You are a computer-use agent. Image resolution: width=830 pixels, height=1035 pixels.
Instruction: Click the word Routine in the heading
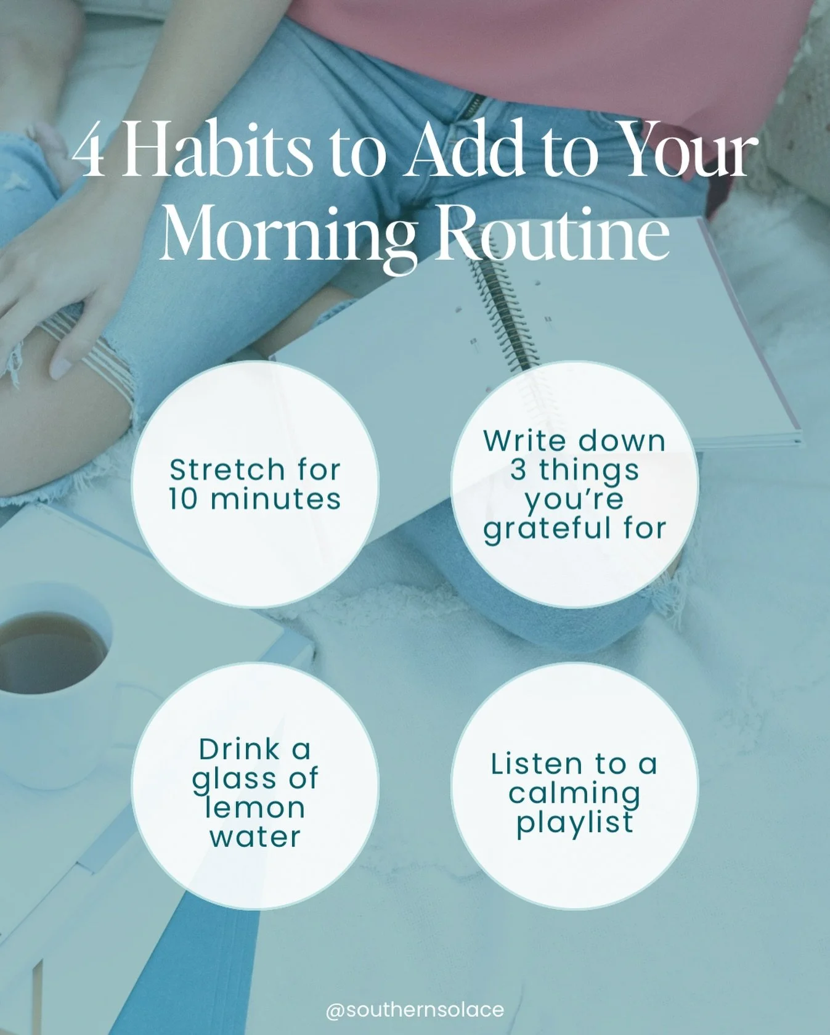(553, 235)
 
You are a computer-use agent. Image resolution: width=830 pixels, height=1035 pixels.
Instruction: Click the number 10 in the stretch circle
(183, 499)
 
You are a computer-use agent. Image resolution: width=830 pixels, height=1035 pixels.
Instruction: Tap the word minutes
(275, 499)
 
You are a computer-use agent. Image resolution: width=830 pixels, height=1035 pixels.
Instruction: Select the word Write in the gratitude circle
(524, 441)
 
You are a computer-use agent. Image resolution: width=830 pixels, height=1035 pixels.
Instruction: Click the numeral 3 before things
(518, 470)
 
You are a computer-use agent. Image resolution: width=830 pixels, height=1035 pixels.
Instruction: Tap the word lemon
(255, 808)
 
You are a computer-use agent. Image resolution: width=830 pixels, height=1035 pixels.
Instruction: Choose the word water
(255, 837)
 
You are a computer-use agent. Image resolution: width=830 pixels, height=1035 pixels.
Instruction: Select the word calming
(574, 794)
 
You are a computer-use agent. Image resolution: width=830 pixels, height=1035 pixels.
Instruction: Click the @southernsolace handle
(415, 1010)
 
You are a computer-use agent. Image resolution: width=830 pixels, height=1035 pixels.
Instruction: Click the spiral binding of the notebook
(499, 308)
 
